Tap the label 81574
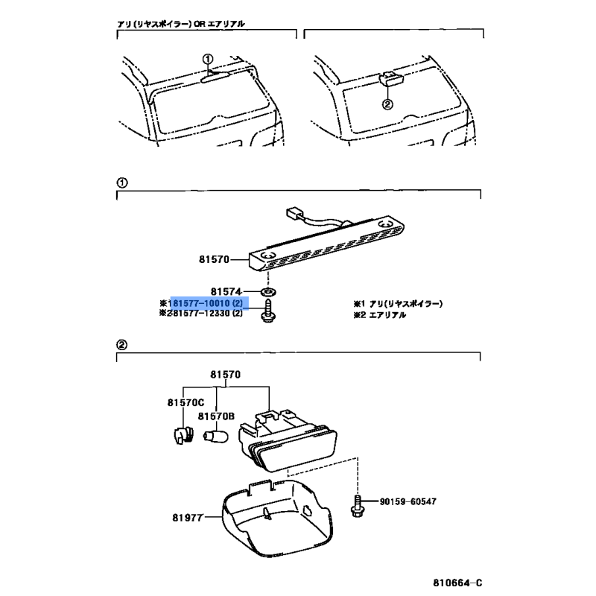click(226, 291)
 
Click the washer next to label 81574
click(268, 292)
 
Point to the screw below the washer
click(268, 311)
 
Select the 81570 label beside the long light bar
click(214, 259)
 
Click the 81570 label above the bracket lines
click(226, 375)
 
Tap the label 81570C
click(186, 402)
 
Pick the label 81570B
click(216, 416)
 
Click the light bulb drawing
click(216, 436)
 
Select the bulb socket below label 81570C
click(182, 436)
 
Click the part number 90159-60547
click(408, 501)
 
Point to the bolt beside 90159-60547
click(358, 506)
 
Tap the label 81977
click(188, 518)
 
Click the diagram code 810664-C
click(457, 583)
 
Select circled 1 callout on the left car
click(208, 59)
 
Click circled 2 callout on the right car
click(387, 104)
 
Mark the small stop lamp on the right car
click(390, 79)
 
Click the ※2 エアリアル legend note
click(380, 315)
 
